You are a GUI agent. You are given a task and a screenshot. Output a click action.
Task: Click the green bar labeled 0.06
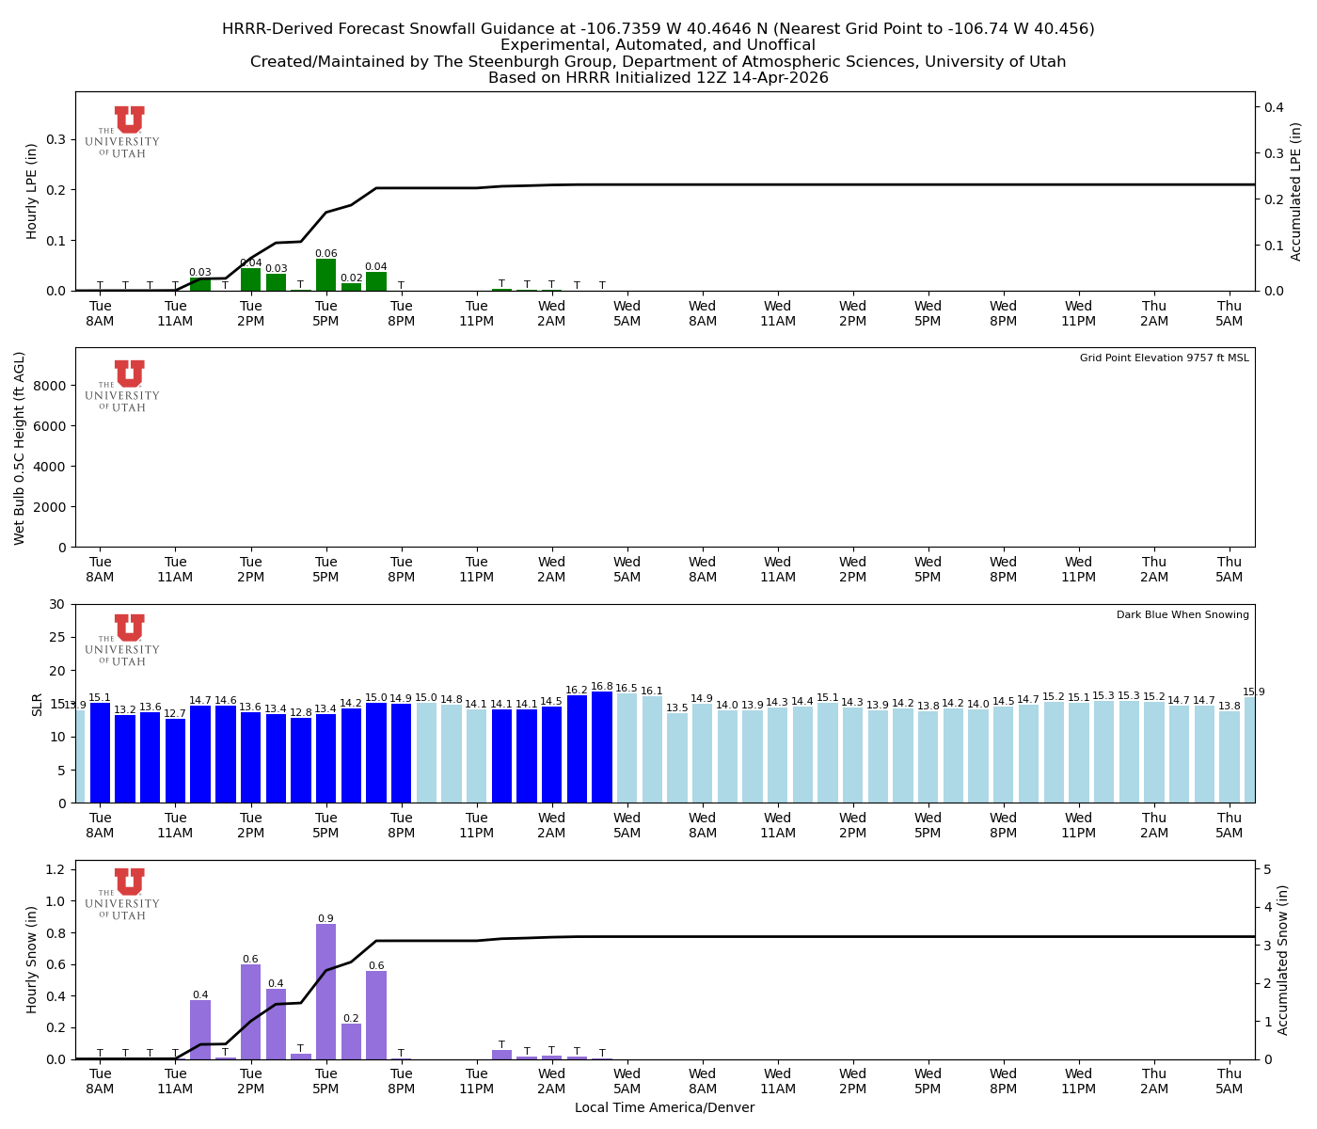click(x=325, y=276)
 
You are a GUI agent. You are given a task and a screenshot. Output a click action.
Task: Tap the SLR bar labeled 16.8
click(x=602, y=748)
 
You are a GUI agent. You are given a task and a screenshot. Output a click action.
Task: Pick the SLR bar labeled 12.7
click(x=175, y=761)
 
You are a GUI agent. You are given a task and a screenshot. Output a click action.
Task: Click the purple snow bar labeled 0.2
click(x=351, y=1042)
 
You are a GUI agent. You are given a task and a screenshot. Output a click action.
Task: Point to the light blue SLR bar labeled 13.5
click(x=677, y=758)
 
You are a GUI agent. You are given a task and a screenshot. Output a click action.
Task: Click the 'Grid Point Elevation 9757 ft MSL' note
click(x=1164, y=358)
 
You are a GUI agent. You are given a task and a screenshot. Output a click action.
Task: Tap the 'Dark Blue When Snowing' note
click(x=1182, y=615)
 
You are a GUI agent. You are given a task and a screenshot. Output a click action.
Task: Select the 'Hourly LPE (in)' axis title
click(x=32, y=191)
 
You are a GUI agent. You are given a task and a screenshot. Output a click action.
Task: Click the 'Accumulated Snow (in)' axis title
click(x=1282, y=960)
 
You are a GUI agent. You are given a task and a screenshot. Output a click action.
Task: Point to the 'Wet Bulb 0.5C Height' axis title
click(x=20, y=448)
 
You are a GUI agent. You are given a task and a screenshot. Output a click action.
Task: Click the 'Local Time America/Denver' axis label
click(x=664, y=1108)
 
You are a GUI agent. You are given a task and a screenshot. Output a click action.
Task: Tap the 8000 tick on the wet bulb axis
click(x=53, y=386)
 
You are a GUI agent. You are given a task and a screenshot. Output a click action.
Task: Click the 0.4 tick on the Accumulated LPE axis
click(x=1274, y=107)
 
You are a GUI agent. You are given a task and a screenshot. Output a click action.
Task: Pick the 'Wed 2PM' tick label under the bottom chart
click(x=852, y=1081)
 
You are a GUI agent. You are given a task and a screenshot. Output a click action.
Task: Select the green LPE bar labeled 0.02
click(x=351, y=287)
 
